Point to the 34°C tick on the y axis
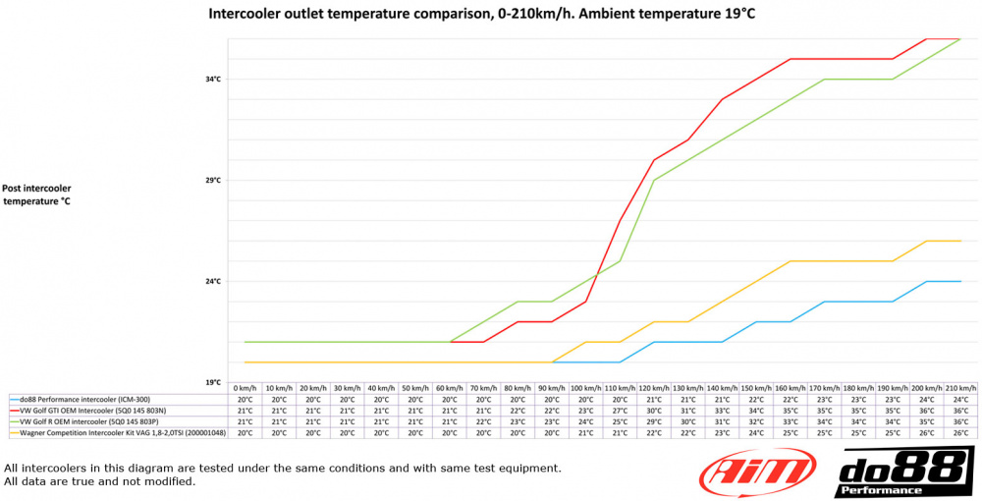click(212, 79)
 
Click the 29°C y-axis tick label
click(212, 180)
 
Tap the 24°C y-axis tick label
click(212, 281)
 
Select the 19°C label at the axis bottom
click(212, 382)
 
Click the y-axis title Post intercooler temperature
click(36, 195)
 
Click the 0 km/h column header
click(245, 389)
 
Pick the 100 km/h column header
click(586, 389)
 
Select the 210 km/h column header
click(960, 389)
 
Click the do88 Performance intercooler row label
click(79, 400)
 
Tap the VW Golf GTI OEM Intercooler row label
click(87, 411)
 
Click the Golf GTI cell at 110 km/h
click(620, 411)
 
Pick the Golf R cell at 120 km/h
click(654, 421)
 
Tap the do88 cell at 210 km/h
click(960, 400)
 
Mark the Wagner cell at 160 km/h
click(791, 432)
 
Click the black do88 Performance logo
click(903, 472)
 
